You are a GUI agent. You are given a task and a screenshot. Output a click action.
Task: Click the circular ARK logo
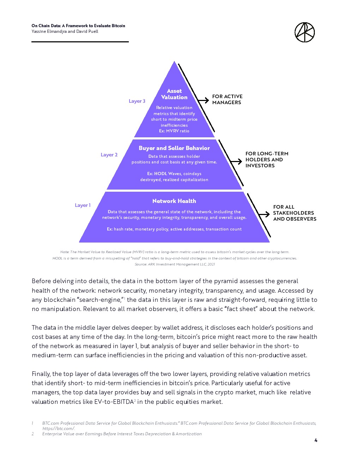click(304, 32)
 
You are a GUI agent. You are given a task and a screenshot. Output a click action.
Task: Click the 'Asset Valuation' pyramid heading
click(174, 94)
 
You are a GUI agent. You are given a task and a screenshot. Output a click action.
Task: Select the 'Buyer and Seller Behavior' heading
click(174, 148)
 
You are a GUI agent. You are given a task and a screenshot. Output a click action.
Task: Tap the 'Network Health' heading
click(174, 201)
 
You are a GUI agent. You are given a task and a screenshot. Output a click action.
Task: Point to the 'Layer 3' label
click(137, 101)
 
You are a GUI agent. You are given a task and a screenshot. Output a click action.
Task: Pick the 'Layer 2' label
click(109, 155)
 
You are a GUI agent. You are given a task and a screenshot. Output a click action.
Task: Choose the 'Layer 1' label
click(83, 205)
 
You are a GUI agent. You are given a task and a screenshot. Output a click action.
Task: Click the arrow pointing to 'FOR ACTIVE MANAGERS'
click(203, 100)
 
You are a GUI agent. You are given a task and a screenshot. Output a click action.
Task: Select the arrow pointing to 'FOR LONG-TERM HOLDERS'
click(236, 161)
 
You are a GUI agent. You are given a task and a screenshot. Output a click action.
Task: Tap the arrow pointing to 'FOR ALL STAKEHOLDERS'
click(264, 214)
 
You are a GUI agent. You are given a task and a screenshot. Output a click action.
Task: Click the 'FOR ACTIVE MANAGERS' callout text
click(227, 100)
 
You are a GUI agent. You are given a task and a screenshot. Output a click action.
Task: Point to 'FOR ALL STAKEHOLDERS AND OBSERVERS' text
click(294, 213)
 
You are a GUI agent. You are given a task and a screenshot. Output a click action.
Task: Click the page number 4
click(316, 440)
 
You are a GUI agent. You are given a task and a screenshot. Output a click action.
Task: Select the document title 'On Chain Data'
click(78, 26)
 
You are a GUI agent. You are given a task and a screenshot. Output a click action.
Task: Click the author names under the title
click(65, 31)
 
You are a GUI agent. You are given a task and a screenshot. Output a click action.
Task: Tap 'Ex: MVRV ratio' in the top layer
click(174, 131)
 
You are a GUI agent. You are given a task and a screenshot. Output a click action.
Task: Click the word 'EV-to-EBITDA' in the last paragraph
click(114, 402)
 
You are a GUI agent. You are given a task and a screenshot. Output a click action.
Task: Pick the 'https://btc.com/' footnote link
click(59, 429)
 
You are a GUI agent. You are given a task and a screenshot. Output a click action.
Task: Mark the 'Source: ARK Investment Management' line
click(174, 264)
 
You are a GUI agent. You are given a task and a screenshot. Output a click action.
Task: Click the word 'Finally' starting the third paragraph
click(41, 374)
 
